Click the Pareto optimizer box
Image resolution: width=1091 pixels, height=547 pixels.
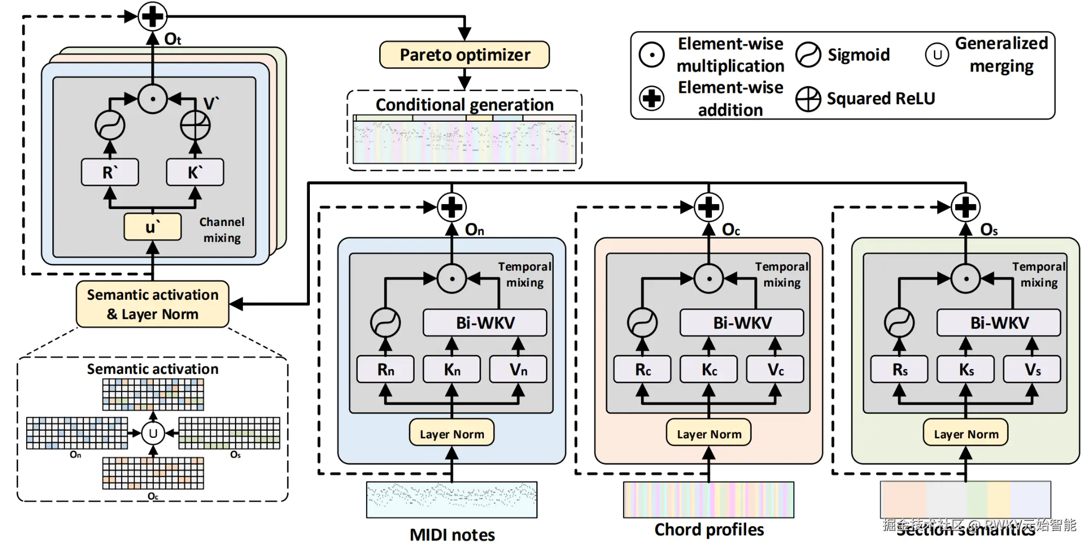tap(464, 55)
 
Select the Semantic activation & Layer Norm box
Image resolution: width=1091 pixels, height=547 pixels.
tap(153, 304)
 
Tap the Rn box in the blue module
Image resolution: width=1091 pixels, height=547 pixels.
tap(385, 370)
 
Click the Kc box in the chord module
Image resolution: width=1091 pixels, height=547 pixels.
tap(709, 370)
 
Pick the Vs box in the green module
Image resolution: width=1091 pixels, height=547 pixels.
tap(1032, 370)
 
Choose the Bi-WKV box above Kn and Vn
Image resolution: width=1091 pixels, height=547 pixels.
tap(485, 323)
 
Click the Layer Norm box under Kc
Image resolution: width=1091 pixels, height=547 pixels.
tap(709, 433)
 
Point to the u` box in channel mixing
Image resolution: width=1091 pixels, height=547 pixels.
tap(153, 227)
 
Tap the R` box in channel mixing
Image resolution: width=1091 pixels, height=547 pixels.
tap(110, 173)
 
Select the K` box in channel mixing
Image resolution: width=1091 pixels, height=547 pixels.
tap(195, 173)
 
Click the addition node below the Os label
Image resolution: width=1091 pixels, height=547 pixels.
tap(966, 207)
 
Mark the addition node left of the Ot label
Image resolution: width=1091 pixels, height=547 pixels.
tap(152, 16)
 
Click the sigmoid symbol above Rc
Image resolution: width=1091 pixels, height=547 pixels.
tap(642, 323)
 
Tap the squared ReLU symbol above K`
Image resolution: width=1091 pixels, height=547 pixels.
tap(195, 125)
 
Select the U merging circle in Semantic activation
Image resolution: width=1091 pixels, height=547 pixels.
tap(153, 433)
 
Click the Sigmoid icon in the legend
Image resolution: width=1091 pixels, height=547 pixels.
tap(808, 55)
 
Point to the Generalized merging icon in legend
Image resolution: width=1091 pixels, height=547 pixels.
tap(937, 55)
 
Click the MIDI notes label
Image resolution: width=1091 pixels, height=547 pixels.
tap(452, 534)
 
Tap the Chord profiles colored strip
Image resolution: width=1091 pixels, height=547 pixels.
tap(709, 500)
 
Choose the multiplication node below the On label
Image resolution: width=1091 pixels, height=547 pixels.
tap(452, 278)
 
